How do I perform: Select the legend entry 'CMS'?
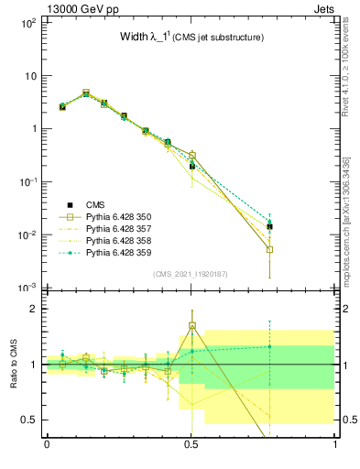96,205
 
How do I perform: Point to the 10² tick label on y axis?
27,22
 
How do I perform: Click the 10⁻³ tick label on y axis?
27,288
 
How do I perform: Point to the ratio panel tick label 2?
34,309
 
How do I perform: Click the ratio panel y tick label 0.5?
29,420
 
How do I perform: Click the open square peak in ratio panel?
191,325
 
